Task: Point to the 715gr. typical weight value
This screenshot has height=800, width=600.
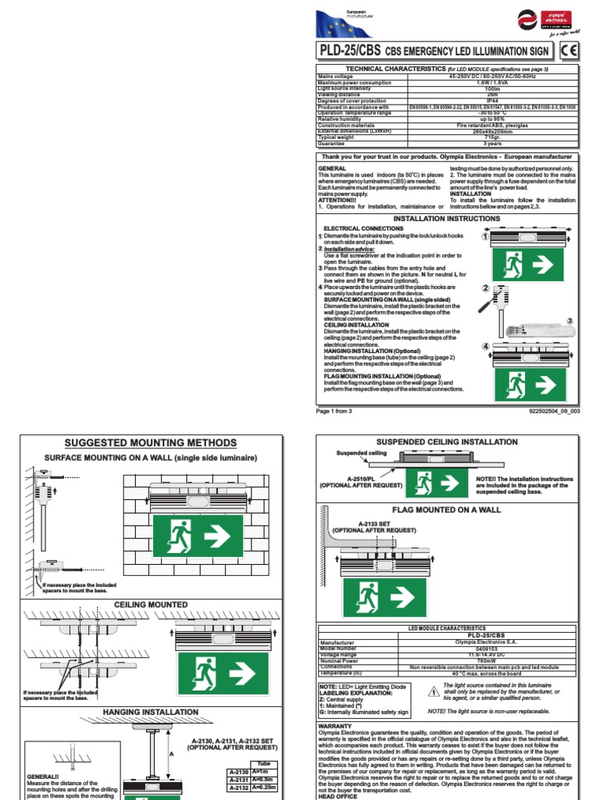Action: point(491,137)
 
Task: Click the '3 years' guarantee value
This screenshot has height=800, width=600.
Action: point(491,144)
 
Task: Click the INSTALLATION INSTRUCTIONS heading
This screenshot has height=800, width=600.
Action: point(446,219)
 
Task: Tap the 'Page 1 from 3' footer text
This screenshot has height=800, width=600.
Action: point(334,410)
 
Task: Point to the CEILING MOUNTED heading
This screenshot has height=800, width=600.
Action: point(151,605)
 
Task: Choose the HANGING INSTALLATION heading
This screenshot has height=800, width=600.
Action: point(150,712)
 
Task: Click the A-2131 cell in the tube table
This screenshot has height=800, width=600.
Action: point(237,780)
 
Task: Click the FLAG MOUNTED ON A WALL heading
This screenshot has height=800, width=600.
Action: point(445,509)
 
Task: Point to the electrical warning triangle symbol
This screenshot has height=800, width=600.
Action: point(433,690)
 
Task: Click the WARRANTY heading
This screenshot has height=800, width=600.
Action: point(335,726)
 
